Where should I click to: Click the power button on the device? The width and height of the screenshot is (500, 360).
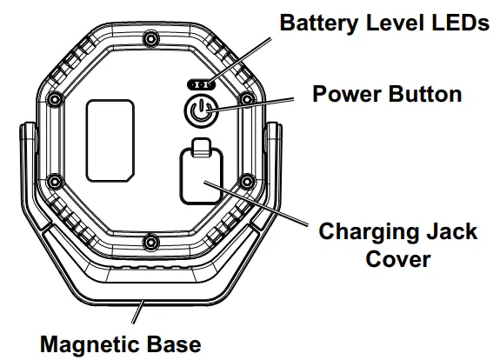pyautogui.click(x=199, y=111)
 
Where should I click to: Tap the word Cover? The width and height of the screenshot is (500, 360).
pyautogui.click(x=397, y=258)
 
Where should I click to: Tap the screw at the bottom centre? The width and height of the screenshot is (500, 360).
pyautogui.click(x=151, y=240)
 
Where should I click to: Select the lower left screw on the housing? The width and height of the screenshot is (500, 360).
pyautogui.click(x=54, y=181)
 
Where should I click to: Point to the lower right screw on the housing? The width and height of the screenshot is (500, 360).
pyautogui.click(x=248, y=181)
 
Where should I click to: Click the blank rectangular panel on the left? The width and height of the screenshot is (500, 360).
pyautogui.click(x=110, y=139)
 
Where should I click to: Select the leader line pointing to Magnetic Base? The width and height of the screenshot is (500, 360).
pyautogui.click(x=140, y=314)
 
